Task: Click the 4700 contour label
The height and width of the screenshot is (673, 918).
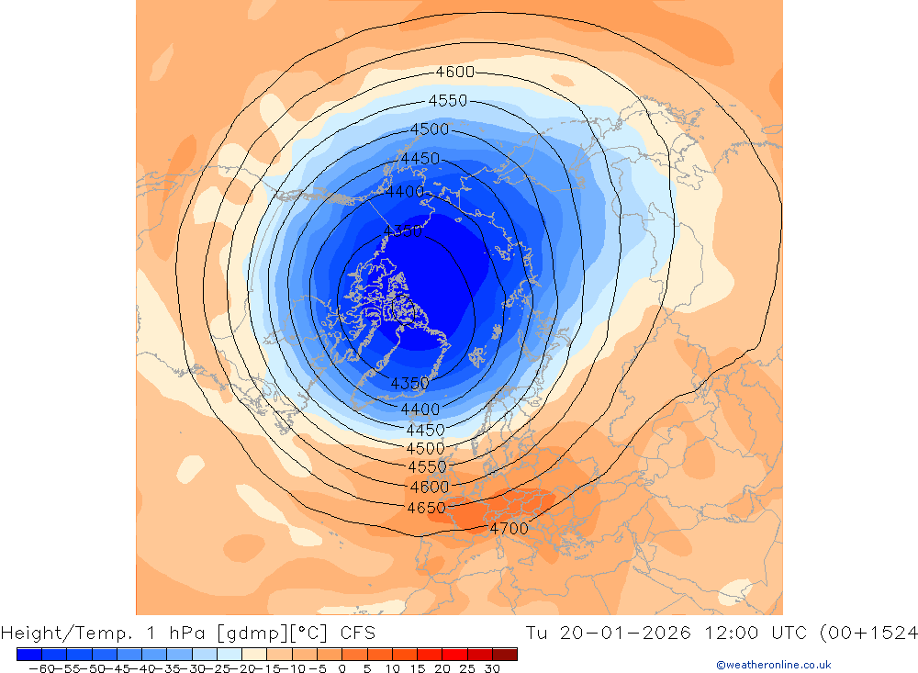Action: coord(509,529)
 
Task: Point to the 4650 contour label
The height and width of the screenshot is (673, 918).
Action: coord(426,508)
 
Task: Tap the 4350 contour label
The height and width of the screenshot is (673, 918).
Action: coord(409,383)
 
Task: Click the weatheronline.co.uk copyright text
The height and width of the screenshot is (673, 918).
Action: coord(773,665)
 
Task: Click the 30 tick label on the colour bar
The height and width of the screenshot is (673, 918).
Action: coord(493,668)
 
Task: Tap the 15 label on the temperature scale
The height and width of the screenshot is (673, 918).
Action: coord(418,668)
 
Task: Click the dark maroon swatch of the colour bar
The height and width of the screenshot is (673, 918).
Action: coord(505,654)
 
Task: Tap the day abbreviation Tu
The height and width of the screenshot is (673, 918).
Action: coord(538,633)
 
